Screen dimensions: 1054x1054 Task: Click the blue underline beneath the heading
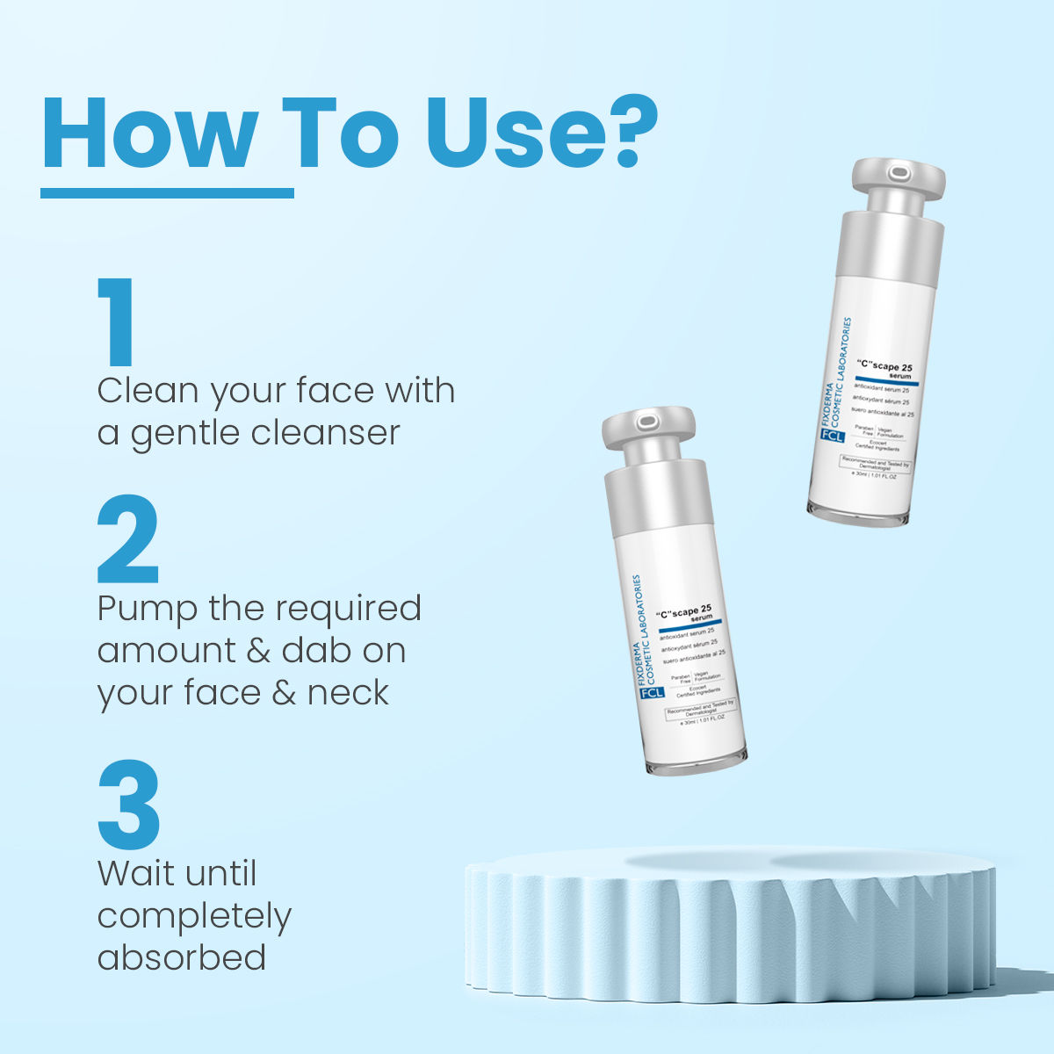pyautogui.click(x=167, y=192)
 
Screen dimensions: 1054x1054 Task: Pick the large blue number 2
pyautogui.click(x=128, y=540)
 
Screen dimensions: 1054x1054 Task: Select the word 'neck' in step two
pyautogui.click(x=348, y=693)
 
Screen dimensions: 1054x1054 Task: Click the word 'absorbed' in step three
pyautogui.click(x=182, y=957)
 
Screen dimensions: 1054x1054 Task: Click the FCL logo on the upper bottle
pyautogui.click(x=831, y=435)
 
